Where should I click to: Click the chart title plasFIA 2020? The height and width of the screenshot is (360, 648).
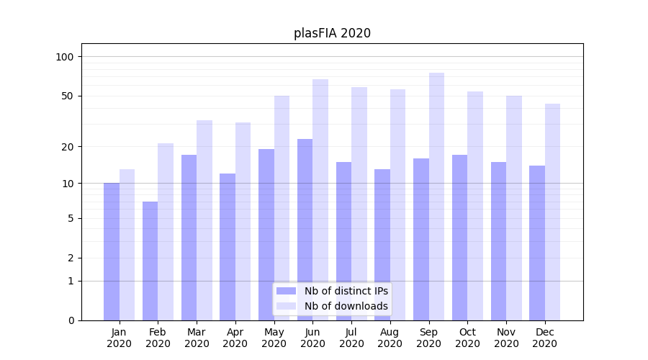(332, 33)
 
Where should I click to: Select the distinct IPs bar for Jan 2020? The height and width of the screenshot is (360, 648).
(112, 251)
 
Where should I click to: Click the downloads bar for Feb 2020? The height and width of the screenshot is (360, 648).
(166, 231)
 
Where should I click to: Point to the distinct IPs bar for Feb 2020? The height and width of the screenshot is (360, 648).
(150, 261)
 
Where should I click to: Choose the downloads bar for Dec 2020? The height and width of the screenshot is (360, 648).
(552, 212)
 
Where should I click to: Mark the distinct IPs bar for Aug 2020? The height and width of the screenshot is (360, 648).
(382, 244)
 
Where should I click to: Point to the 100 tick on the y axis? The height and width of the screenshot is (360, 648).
(65, 57)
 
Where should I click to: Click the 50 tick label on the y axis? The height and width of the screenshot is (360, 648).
(68, 96)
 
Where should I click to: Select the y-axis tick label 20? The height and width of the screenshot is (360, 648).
(68, 147)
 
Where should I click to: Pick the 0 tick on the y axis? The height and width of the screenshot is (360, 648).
(71, 320)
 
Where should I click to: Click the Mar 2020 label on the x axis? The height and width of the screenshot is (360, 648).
(197, 338)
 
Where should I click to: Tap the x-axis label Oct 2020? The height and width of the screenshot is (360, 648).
(467, 338)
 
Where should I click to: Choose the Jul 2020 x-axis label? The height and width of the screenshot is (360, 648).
(351, 338)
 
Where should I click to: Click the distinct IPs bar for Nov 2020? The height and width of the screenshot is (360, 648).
(498, 240)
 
